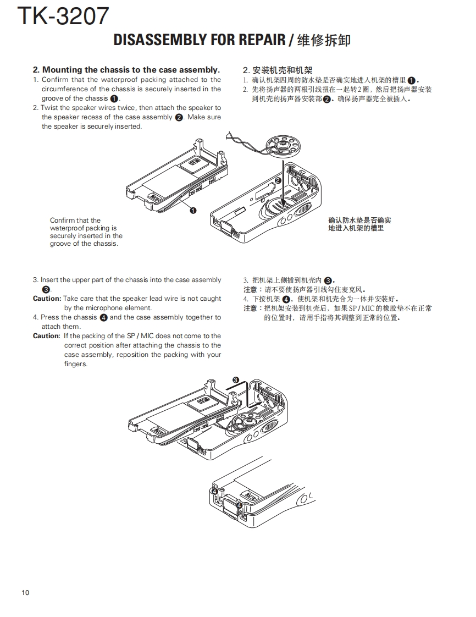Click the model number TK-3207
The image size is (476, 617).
pyautogui.click(x=64, y=16)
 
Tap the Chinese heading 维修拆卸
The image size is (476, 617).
pyautogui.click(x=323, y=40)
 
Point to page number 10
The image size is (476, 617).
pyautogui.click(x=26, y=592)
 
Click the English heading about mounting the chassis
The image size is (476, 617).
pyautogui.click(x=126, y=70)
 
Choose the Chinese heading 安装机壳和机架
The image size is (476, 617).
pyautogui.click(x=278, y=70)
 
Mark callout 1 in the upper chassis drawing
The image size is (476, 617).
pyautogui.click(x=193, y=210)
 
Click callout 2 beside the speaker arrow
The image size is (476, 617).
pyautogui.click(x=278, y=180)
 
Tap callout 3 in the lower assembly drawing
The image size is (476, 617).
pyautogui.click(x=236, y=379)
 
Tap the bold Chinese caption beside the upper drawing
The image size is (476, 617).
pyautogui.click(x=359, y=224)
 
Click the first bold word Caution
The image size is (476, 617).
pyautogui.click(x=47, y=299)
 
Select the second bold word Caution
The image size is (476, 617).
pyautogui.click(x=47, y=336)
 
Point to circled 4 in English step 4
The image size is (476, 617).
pyautogui.click(x=103, y=317)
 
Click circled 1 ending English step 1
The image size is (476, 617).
pyautogui.click(x=114, y=98)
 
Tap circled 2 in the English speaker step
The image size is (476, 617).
pyautogui.click(x=179, y=117)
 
